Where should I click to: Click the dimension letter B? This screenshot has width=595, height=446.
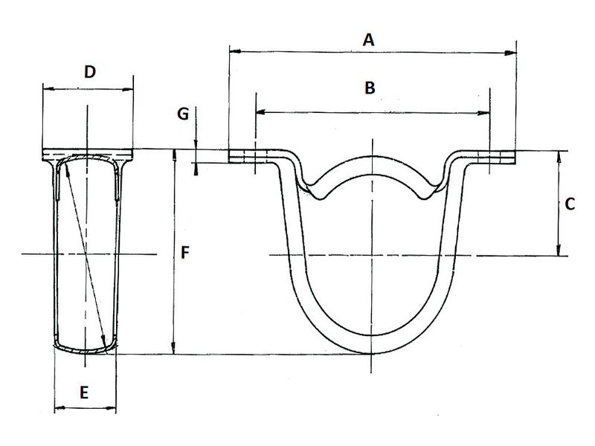click(370, 88)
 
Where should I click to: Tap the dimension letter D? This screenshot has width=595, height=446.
click(89, 72)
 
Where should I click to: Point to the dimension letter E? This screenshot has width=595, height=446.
click(84, 393)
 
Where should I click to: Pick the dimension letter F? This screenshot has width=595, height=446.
click(187, 253)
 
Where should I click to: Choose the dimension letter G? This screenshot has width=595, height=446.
click(183, 114)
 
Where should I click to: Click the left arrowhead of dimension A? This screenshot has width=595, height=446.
click(234, 52)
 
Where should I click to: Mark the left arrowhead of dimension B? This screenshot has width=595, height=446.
click(260, 112)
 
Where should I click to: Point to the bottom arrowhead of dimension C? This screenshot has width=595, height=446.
click(559, 251)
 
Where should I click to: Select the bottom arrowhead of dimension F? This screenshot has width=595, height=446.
click(173, 349)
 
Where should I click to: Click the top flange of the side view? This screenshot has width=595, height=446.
click(88, 153)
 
